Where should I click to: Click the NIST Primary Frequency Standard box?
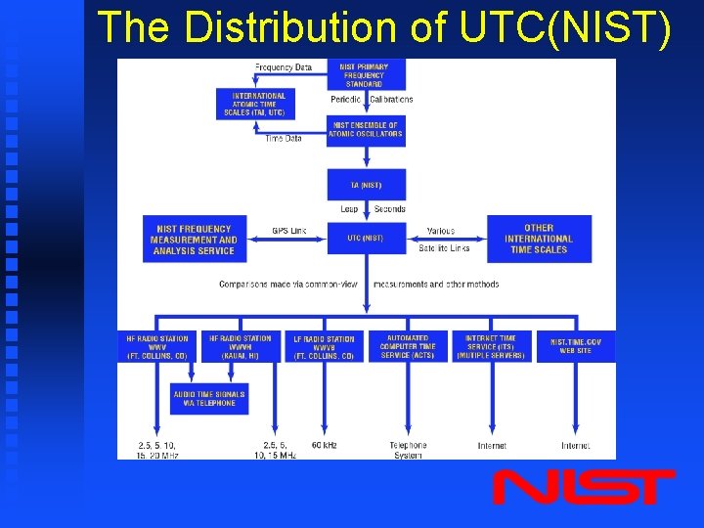pyautogui.click(x=364, y=75)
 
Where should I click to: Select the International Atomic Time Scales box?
pyautogui.click(x=259, y=104)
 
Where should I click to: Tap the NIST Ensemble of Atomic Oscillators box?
pyautogui.click(x=365, y=130)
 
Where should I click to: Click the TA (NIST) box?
pyautogui.click(x=366, y=185)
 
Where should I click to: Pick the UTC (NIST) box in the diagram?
pyautogui.click(x=365, y=238)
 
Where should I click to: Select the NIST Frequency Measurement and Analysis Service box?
pyautogui.click(x=194, y=240)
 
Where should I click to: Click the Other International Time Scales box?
pyautogui.click(x=538, y=239)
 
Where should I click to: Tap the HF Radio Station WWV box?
pyautogui.click(x=157, y=347)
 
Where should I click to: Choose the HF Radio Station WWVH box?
pyautogui.click(x=240, y=347)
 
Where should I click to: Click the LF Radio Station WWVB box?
pyautogui.click(x=324, y=347)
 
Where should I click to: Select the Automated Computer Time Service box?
pyautogui.click(x=408, y=347)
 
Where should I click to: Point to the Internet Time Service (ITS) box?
pyautogui.click(x=491, y=347)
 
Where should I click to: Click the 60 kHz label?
pyautogui.click(x=324, y=445)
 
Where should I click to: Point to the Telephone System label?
pyautogui.click(x=408, y=450)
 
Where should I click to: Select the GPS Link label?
pyautogui.click(x=289, y=231)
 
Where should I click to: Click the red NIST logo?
pyautogui.click(x=584, y=487)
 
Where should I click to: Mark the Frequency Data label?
pyautogui.click(x=284, y=67)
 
